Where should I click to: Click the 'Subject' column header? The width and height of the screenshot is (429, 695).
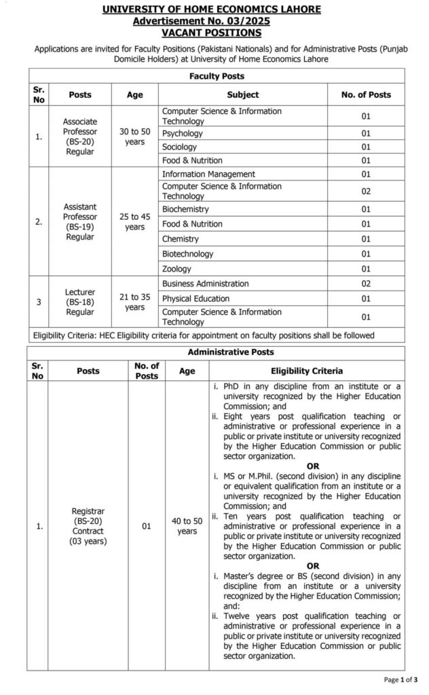(x=242, y=95)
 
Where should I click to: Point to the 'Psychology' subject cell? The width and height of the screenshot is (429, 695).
(x=183, y=134)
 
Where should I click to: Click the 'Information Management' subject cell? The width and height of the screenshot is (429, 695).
(x=208, y=174)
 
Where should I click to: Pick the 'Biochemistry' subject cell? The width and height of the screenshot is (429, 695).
(x=185, y=209)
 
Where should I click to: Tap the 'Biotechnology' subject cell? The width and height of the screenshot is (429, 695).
(x=187, y=254)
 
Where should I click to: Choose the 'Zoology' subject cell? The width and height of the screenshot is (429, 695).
(x=177, y=269)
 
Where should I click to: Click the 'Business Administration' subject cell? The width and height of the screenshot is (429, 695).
(x=206, y=284)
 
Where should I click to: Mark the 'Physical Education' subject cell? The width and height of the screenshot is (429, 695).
(x=195, y=299)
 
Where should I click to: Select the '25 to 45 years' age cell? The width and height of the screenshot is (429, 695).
(x=134, y=221)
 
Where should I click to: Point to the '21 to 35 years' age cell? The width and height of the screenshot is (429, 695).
(x=134, y=302)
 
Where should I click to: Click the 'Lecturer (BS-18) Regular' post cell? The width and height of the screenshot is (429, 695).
(x=79, y=302)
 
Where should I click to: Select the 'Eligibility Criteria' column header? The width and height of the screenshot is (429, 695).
(x=307, y=371)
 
